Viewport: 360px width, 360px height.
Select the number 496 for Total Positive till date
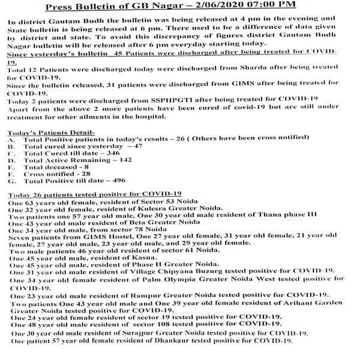[x=124, y=180]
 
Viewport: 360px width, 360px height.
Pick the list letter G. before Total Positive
[x=11, y=180]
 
